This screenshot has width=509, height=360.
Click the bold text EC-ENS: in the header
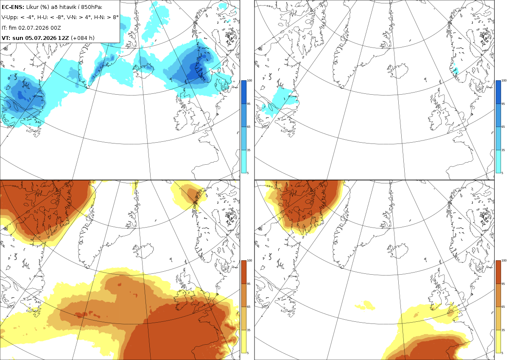pos(13,7)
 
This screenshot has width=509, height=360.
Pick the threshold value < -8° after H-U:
pos(56,17)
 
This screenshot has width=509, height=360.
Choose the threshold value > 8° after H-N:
pos(113,17)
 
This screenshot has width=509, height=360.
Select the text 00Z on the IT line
pos(56,28)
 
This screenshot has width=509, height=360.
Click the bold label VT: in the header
pos(6,38)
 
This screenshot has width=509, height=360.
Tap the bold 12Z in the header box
pos(63,38)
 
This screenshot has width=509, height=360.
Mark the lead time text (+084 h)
pos(83,38)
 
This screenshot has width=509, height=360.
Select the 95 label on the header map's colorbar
pos(249,104)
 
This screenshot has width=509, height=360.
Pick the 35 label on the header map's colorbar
pos(249,150)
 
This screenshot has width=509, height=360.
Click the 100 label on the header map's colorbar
pos(249,81)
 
